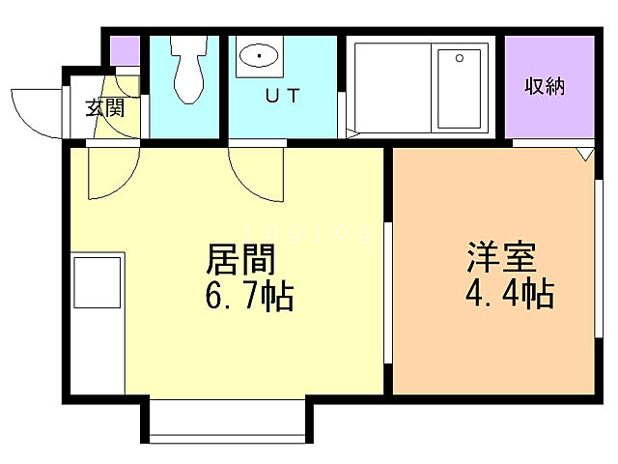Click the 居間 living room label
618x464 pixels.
coord(241,259)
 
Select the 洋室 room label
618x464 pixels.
coord(501,259)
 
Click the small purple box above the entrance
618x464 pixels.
coord(125,50)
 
